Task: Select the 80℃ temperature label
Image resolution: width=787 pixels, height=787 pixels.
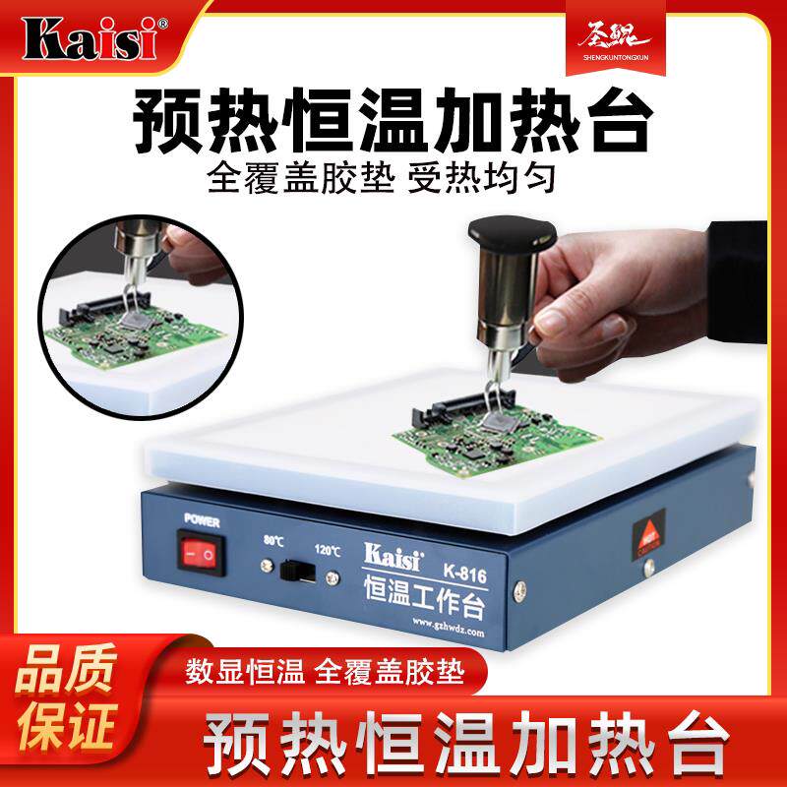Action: (x=274, y=539)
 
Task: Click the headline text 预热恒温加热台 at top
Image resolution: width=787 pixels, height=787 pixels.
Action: (x=393, y=124)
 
